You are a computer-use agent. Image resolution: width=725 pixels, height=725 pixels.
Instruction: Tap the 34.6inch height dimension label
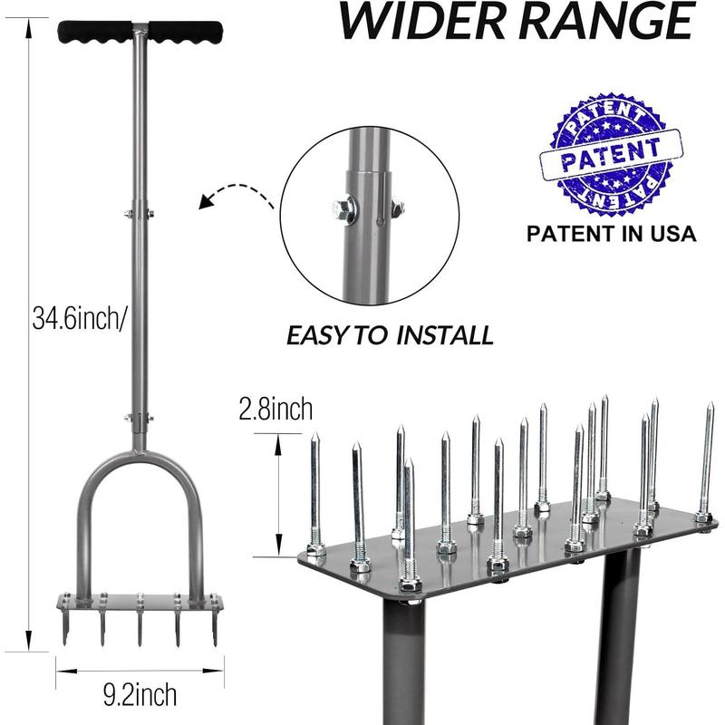pos(79,318)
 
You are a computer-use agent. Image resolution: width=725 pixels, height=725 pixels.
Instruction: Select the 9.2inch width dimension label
pos(140,693)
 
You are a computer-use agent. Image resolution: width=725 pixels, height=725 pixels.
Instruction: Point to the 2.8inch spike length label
pos(275,410)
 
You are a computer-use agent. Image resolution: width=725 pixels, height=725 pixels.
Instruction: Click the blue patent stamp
pos(611,155)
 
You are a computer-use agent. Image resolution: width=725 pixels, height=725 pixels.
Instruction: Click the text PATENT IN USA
pos(611,234)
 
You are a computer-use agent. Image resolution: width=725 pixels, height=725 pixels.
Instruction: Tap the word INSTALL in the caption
pos(445,335)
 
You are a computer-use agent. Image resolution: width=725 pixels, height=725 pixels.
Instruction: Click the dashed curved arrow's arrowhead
pos(206,201)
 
